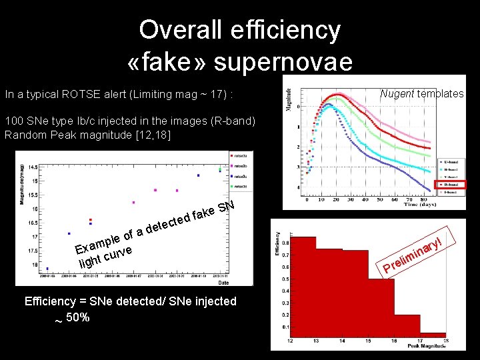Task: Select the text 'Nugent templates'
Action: point(421,93)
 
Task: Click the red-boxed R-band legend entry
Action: point(451,184)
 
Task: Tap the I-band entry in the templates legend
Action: point(451,192)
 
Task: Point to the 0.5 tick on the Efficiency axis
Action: point(285,279)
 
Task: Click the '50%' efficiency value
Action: point(77,317)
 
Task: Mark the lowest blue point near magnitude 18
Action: point(47,269)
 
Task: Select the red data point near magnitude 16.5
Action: point(91,219)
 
